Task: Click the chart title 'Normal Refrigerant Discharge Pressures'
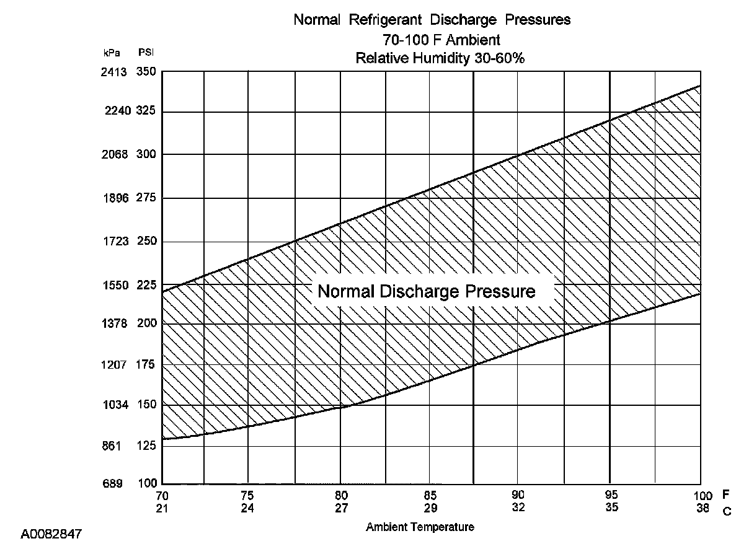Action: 432,20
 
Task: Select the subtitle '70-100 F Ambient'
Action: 432,40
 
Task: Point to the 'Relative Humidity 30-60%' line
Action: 432,58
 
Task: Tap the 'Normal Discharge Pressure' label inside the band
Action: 426,291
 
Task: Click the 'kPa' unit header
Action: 112,53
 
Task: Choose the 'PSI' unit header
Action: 146,53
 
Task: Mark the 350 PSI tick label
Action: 147,72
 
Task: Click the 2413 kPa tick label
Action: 114,72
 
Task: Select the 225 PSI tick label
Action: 147,286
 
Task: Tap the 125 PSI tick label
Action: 147,446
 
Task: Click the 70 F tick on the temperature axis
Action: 162,495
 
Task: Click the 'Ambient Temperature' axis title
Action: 420,527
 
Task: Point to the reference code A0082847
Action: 51,534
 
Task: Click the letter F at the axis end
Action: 725,495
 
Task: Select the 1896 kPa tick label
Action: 114,198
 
